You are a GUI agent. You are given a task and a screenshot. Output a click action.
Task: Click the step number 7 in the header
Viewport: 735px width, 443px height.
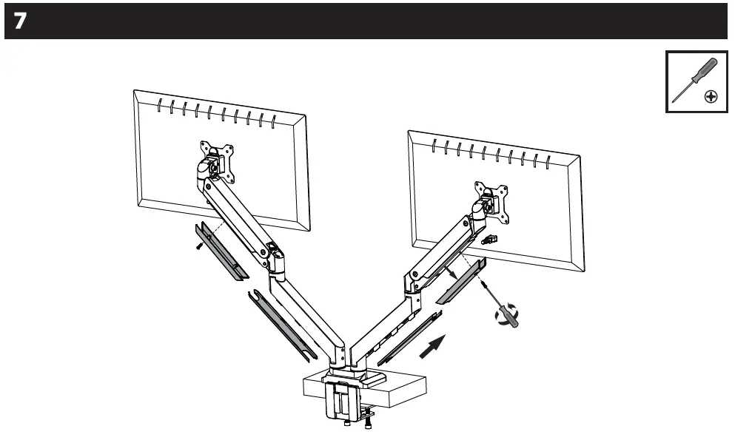pyautogui.click(x=19, y=21)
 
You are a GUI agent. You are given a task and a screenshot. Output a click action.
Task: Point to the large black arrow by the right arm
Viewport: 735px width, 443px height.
pyautogui.click(x=433, y=346)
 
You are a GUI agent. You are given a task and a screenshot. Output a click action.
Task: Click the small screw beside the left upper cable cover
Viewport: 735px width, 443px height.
pyautogui.click(x=199, y=245)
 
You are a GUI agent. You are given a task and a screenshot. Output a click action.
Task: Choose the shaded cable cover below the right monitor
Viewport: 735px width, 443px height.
pyautogui.click(x=460, y=283)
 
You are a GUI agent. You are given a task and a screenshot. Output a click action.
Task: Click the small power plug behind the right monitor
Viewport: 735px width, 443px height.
pyautogui.click(x=489, y=240)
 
